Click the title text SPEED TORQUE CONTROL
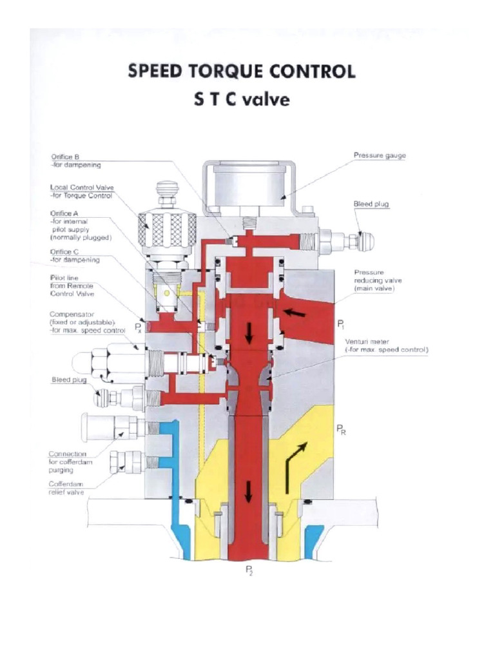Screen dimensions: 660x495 [x=241, y=72]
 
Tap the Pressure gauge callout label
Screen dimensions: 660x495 [x=380, y=155]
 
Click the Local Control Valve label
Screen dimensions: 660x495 [x=82, y=191]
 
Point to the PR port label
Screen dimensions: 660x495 [x=341, y=430]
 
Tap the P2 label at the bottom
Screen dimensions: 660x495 [x=248, y=570]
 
